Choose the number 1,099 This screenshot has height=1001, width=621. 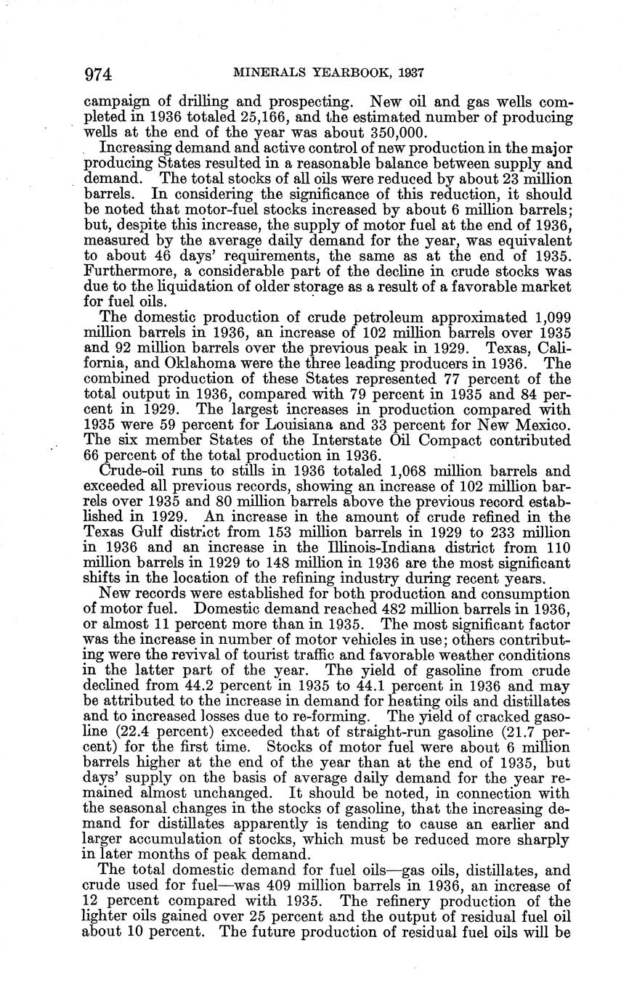(548, 317)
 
